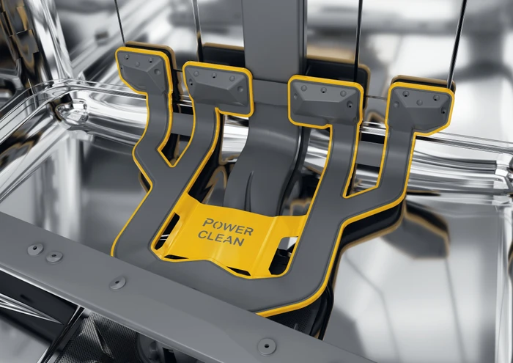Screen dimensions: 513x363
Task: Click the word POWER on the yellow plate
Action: click(228, 227)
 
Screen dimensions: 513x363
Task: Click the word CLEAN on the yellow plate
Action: click(221, 238)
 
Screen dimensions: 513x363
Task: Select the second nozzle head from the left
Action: click(217, 86)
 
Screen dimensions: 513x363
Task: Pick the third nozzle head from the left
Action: click(325, 100)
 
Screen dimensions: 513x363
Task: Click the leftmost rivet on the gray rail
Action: click(35, 249)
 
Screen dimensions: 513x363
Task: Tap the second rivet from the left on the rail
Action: click(54, 257)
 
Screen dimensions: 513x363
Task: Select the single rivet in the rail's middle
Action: click(118, 283)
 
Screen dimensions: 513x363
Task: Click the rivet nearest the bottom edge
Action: click(267, 346)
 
